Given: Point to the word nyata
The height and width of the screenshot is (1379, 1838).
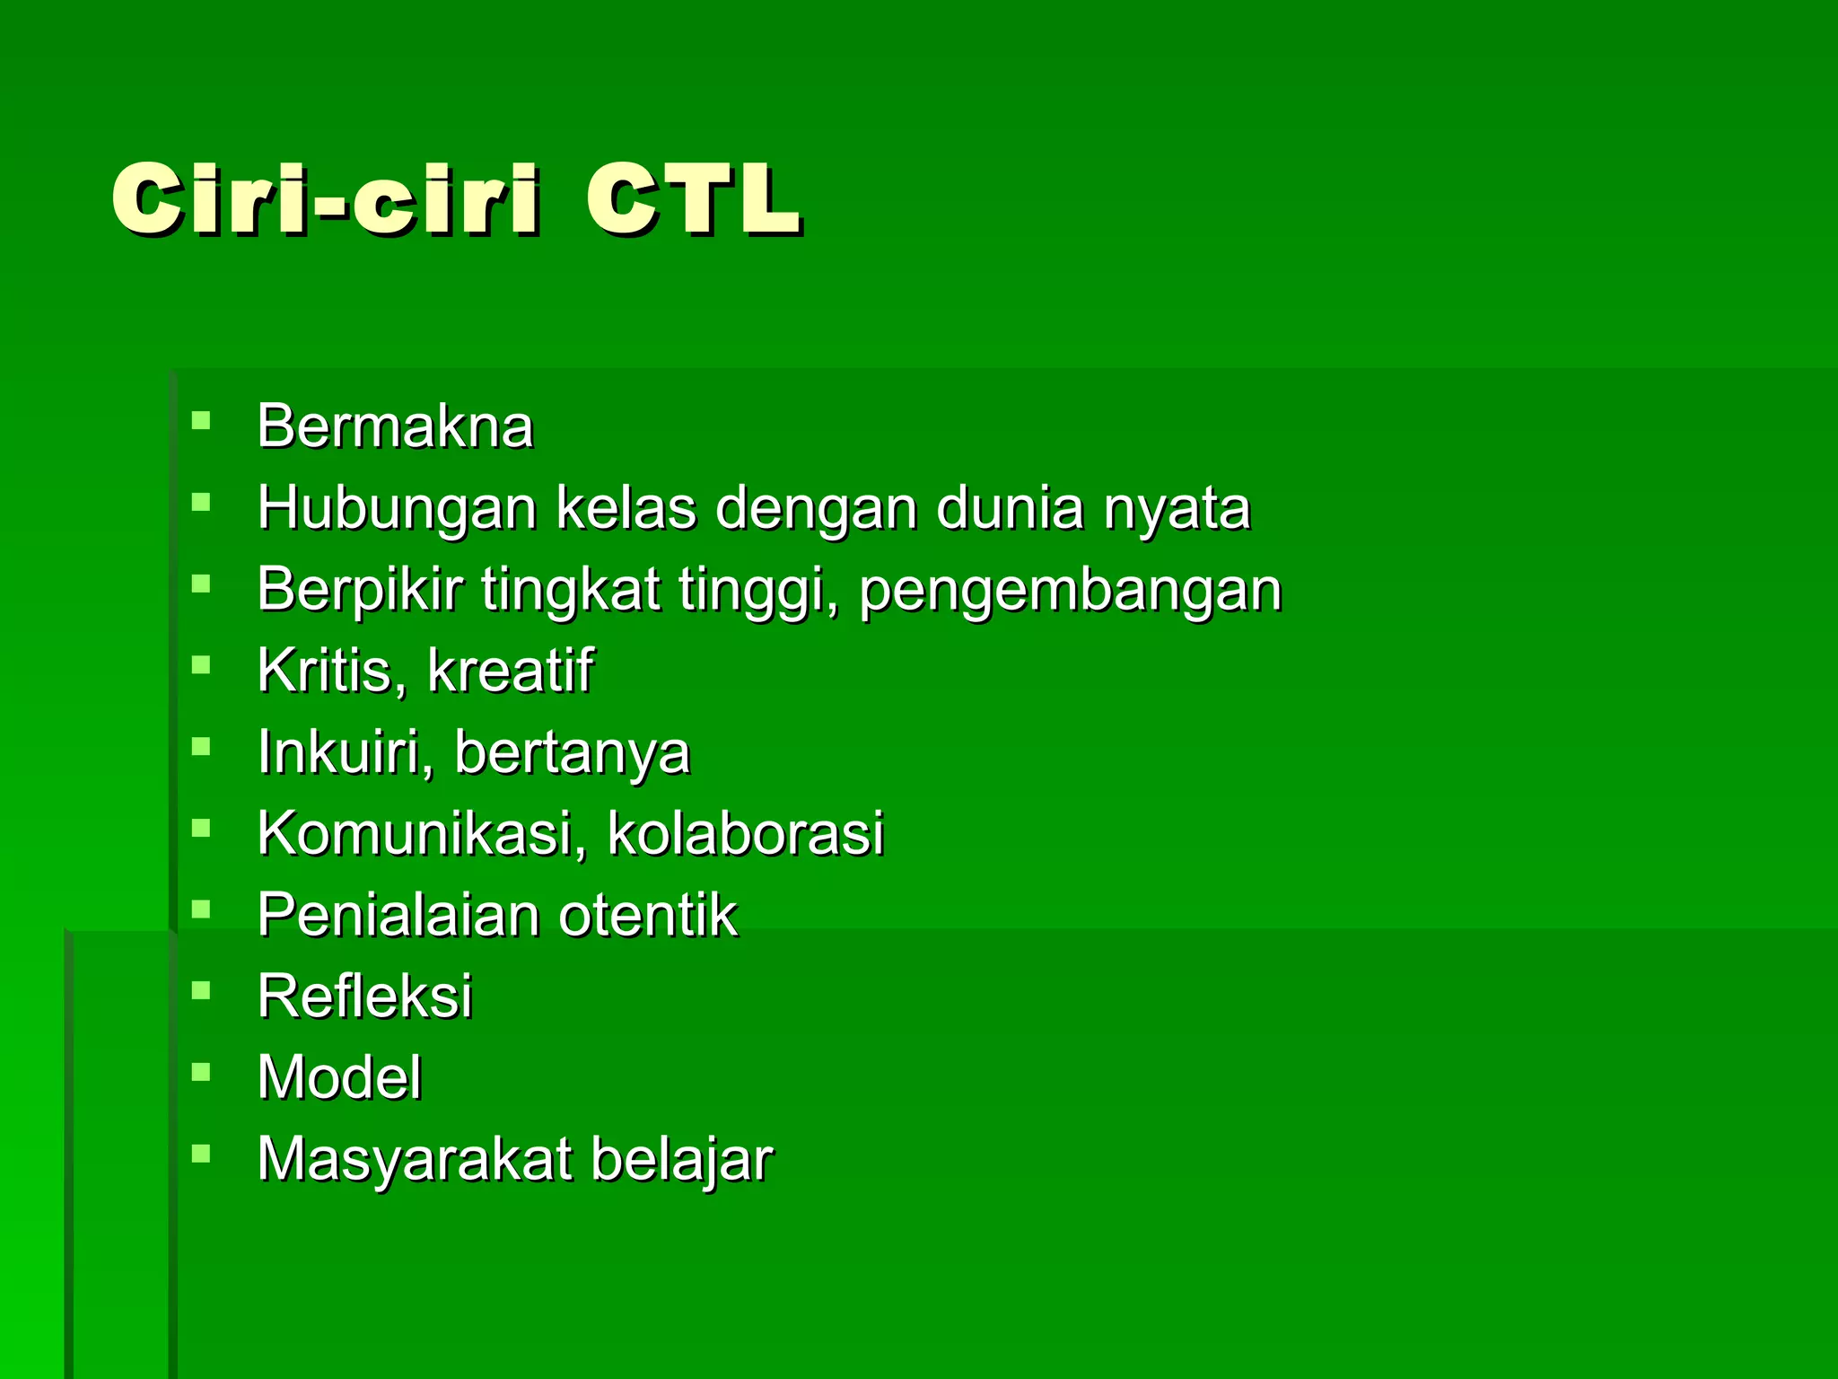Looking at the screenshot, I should [1177, 509].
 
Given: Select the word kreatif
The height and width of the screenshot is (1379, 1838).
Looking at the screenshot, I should [510, 670].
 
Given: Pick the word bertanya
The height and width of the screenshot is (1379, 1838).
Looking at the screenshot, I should [573, 752].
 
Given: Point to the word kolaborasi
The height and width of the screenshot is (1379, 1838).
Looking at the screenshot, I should [746, 833].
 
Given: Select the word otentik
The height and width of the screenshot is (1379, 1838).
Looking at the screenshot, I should [648, 915].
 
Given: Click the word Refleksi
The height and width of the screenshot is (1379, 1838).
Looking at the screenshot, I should [364, 996].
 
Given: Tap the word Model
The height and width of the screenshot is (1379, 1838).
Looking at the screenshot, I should [339, 1077].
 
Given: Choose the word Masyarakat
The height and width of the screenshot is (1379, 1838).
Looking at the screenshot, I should [415, 1160].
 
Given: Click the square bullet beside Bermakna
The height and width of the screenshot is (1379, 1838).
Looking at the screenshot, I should [201, 419].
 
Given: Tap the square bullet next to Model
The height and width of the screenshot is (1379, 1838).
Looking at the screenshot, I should [201, 1071].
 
